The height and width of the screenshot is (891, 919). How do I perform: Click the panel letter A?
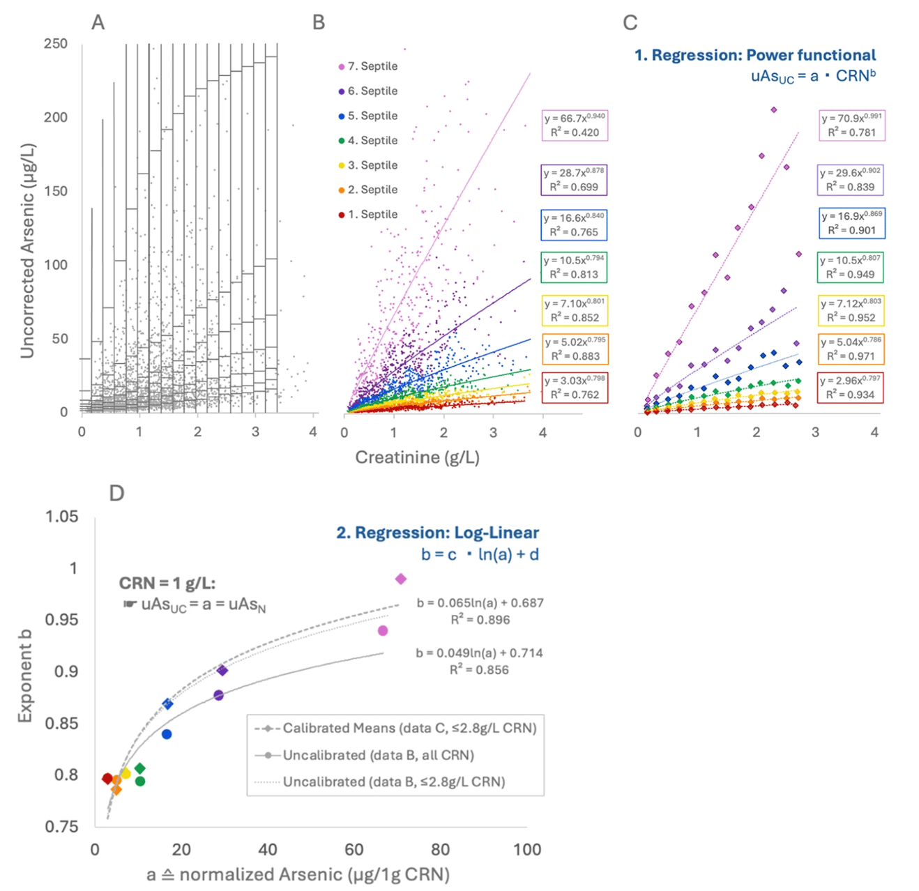(x=98, y=23)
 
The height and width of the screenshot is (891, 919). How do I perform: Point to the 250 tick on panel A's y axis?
(x=56, y=44)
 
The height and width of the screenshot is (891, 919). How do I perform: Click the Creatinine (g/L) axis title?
(x=417, y=457)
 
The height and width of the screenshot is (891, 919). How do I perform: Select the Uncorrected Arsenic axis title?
(x=28, y=251)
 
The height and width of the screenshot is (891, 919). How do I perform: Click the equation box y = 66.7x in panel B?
(x=575, y=125)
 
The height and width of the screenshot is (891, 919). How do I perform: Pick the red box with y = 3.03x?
(x=575, y=388)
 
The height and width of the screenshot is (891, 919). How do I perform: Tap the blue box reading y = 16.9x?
(x=851, y=223)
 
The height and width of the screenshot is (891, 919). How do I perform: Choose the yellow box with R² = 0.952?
(x=851, y=310)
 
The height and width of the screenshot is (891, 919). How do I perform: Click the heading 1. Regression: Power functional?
(x=755, y=56)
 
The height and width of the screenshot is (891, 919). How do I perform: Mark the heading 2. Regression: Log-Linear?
(x=437, y=533)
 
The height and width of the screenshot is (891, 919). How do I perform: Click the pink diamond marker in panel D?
(x=401, y=579)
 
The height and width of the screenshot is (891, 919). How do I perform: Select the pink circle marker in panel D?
(x=383, y=631)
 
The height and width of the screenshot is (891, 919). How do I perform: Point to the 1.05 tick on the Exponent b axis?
(x=62, y=517)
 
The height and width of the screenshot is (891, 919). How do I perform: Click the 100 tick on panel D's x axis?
(x=527, y=850)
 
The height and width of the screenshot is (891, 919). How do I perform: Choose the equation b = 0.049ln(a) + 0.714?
(x=479, y=653)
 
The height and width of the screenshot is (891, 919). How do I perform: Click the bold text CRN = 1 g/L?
(x=167, y=584)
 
